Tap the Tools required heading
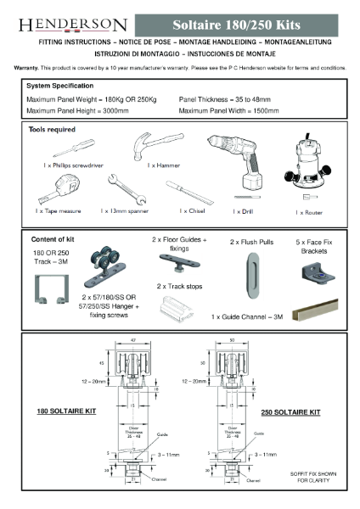coord(57,128)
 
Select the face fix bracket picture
coord(316,272)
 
